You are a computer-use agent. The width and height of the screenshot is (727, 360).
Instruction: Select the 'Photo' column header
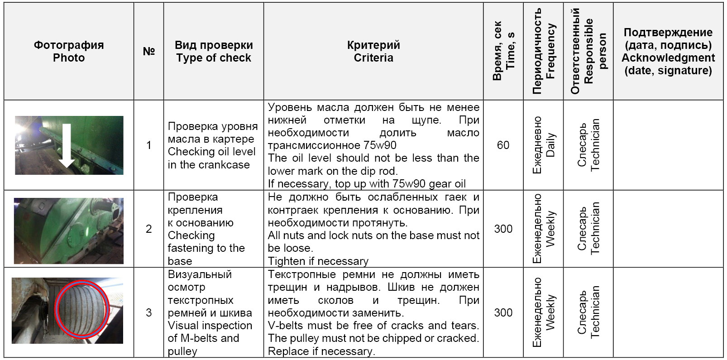pos(69,52)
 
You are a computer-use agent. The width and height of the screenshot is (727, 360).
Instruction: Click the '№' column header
pos(148,51)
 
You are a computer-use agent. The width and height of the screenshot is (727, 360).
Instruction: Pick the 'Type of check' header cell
pos(214,52)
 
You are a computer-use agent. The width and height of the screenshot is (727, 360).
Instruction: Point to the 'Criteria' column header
pos(373,52)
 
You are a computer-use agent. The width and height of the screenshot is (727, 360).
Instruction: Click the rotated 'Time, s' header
pos(503,51)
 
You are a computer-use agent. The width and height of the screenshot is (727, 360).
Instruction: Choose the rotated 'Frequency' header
pos(544,51)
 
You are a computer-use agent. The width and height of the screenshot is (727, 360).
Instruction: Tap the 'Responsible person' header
pos(588,51)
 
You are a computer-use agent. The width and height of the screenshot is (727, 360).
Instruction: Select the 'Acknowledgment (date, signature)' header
pos(668,52)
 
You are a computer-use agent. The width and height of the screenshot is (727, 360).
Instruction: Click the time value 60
pos(503,145)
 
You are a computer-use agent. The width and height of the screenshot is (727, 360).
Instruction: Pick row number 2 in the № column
pos(148,229)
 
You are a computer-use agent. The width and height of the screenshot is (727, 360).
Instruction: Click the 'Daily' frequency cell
pos(544,145)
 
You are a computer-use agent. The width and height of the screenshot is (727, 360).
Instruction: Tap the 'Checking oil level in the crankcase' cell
pos(212,145)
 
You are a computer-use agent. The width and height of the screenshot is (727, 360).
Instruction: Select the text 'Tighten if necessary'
pos(318,261)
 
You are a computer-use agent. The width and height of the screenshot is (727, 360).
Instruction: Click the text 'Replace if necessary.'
pos(321,351)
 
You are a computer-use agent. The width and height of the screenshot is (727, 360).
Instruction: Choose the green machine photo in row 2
pos(69,230)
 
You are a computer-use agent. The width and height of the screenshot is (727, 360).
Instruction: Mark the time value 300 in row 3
pos(503,313)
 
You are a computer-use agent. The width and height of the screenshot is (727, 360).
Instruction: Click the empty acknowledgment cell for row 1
pos(668,145)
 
